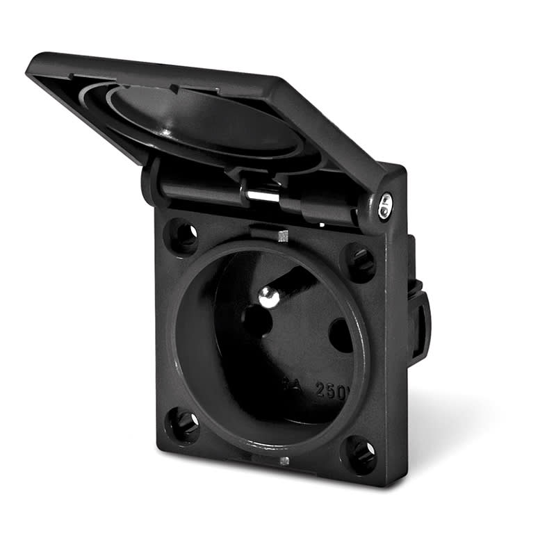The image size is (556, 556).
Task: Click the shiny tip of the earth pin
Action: click(269, 297)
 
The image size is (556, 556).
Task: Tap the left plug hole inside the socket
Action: click(256, 322)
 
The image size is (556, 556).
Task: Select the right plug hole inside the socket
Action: click(340, 336)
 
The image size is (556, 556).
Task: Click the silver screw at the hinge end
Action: click(384, 204)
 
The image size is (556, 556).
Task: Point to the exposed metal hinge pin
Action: click(262, 194)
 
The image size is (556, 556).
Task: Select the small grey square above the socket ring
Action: click(282, 236)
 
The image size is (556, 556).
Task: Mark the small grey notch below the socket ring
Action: click(284, 460)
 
